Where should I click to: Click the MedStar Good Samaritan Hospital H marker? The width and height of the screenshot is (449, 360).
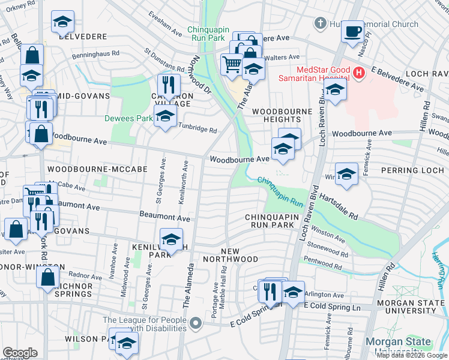pyautogui.click(x=359, y=73)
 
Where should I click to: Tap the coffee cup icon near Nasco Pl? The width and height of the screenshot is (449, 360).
pyautogui.click(x=352, y=30)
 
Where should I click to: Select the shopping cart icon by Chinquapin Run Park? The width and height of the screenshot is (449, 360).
pyautogui.click(x=232, y=64)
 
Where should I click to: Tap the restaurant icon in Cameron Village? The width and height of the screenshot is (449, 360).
pyautogui.click(x=169, y=85)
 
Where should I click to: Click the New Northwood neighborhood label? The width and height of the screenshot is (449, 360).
pyautogui.click(x=239, y=255)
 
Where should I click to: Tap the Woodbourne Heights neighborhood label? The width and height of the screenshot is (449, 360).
pyautogui.click(x=282, y=116)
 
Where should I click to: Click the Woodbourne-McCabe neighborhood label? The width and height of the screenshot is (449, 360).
pyautogui.click(x=97, y=170)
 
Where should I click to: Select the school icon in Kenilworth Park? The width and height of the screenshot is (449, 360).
pyautogui.click(x=172, y=239)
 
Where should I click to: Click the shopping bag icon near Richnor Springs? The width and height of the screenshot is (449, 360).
pyautogui.click(x=47, y=277)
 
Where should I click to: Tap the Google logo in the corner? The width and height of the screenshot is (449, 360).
pyautogui.click(x=21, y=353)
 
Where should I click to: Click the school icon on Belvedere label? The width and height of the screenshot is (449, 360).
pyautogui.click(x=62, y=22)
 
